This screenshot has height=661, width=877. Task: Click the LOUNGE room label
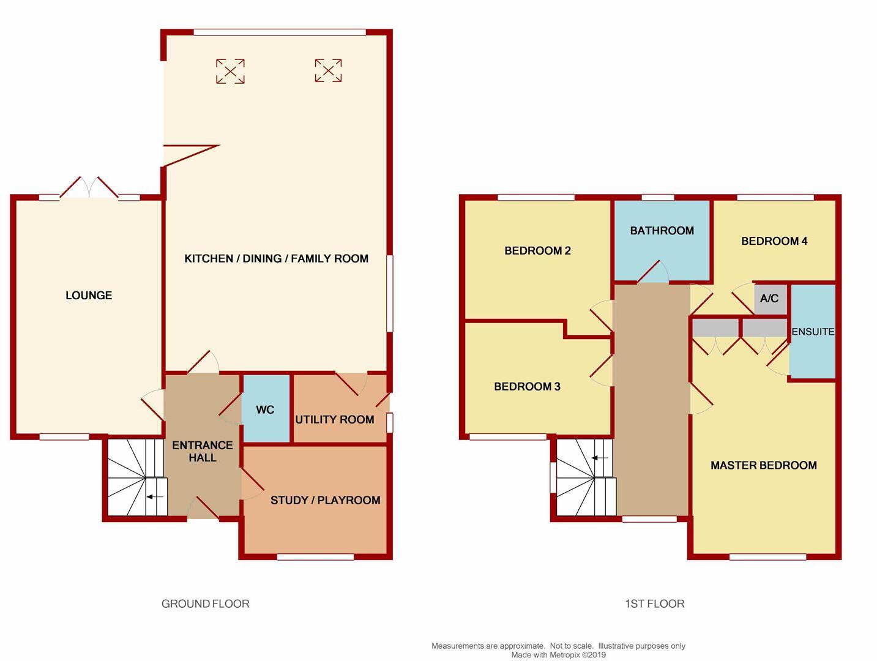(x=89, y=296)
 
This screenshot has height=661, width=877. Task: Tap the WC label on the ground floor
(x=265, y=409)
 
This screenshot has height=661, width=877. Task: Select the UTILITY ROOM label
(x=334, y=419)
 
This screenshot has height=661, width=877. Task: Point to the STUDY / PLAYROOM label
(x=325, y=500)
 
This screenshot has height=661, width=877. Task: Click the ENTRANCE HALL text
(x=202, y=451)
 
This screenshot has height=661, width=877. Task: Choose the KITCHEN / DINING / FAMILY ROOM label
(x=276, y=258)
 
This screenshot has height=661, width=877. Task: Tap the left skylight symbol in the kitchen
(x=230, y=71)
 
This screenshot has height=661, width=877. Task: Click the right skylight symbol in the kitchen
(x=328, y=70)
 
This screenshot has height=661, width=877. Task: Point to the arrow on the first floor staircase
(x=600, y=458)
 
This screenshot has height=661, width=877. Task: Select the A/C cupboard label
(x=769, y=299)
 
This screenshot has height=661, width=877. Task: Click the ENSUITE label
(x=813, y=332)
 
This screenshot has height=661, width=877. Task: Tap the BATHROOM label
(x=662, y=231)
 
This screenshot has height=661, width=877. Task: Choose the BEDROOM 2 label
(x=537, y=250)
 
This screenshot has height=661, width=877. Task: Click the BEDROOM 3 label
(x=527, y=386)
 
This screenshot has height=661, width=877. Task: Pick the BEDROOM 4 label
(x=774, y=241)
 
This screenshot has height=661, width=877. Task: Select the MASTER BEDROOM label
(x=763, y=465)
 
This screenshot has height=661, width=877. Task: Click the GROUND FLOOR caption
(x=205, y=603)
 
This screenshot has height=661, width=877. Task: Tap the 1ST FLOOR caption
(x=654, y=603)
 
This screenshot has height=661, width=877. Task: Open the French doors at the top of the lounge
(x=89, y=188)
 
